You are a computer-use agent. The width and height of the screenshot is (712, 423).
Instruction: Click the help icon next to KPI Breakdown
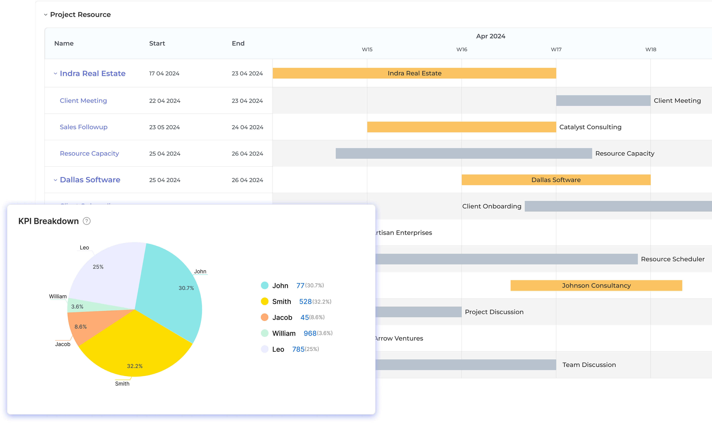pyautogui.click(x=86, y=221)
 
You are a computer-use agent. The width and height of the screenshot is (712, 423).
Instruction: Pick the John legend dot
pyautogui.click(x=265, y=285)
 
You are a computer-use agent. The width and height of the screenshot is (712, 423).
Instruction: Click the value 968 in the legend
pyautogui.click(x=310, y=333)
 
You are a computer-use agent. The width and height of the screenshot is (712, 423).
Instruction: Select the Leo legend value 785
pyautogui.click(x=298, y=349)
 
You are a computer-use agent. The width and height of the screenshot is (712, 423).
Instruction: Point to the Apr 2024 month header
pyautogui.click(x=490, y=36)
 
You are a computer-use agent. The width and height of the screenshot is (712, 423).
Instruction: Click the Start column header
pyautogui.click(x=157, y=43)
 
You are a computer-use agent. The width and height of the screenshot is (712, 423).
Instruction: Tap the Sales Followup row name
pyautogui.click(x=84, y=127)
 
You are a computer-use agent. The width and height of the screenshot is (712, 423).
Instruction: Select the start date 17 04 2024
pyautogui.click(x=164, y=74)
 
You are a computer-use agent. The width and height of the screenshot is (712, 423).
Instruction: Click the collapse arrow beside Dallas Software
pyautogui.click(x=55, y=180)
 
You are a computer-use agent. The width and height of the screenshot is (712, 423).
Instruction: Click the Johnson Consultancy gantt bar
pyautogui.click(x=596, y=285)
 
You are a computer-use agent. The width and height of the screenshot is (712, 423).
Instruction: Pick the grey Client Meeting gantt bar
pyautogui.click(x=603, y=101)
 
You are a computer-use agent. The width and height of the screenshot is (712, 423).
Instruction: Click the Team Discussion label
pyautogui.click(x=589, y=365)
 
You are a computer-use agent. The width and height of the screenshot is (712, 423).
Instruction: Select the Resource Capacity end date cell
pyautogui.click(x=247, y=154)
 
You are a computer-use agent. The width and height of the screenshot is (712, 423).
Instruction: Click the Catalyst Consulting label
pyautogui.click(x=590, y=127)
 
